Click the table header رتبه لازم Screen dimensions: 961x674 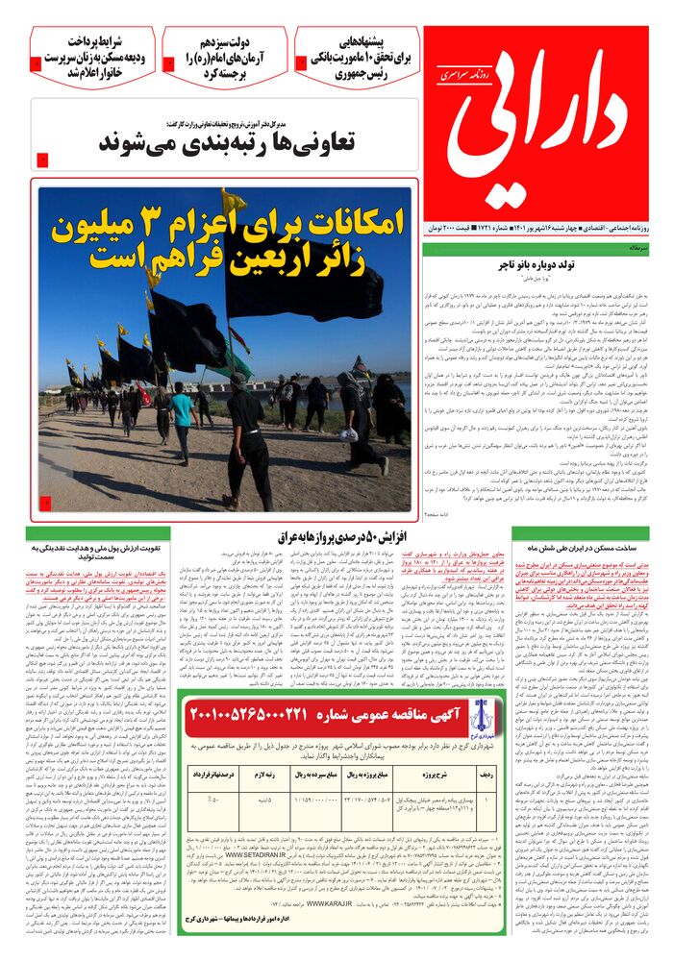coord(264,773)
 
